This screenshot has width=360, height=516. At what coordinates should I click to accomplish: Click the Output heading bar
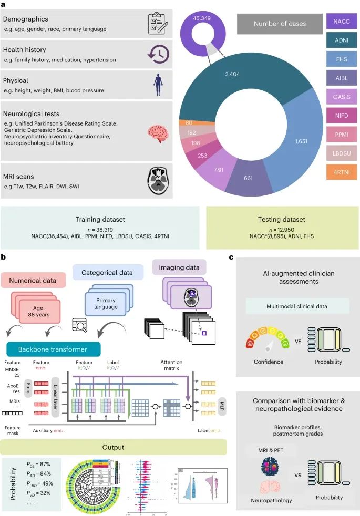[x=114, y=447]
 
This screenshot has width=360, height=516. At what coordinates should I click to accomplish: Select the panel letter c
[x=232, y=257]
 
